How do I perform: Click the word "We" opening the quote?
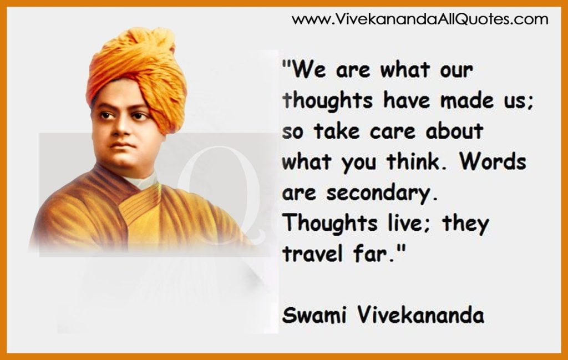click(307, 70)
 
